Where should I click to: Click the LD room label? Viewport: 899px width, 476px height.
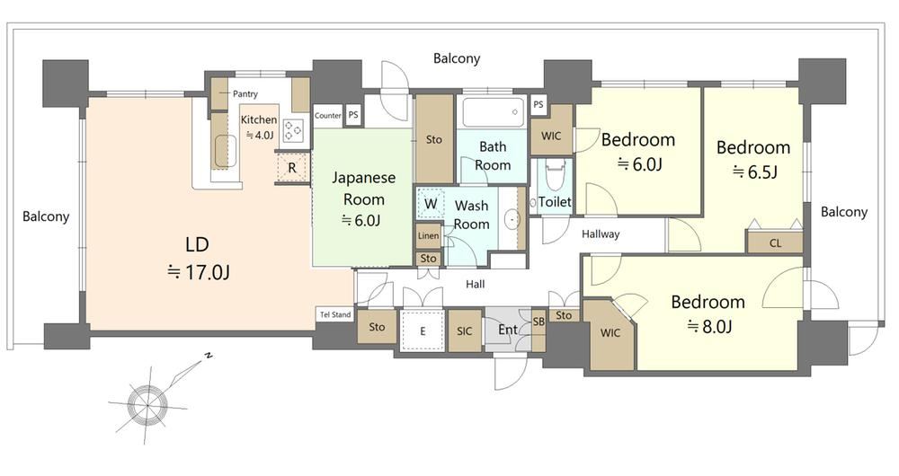pos(197,244)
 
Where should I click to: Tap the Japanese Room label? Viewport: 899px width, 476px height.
pos(363,189)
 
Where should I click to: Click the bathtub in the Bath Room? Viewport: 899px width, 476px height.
pos(494,112)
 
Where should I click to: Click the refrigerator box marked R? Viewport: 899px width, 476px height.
pos(292,168)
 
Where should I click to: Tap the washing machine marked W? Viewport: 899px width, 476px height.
pos(431,204)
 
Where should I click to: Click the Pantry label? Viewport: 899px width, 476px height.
pos(245,94)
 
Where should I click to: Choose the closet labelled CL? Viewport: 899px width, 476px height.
pos(775,242)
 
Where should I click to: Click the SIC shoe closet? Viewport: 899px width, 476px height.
pos(465,331)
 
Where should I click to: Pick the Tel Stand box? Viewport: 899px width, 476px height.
pos(335,314)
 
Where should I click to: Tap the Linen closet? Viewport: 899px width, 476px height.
pos(428,235)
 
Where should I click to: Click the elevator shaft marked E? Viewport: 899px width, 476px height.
pos(423,331)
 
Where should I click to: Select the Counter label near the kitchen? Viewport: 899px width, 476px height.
pos(328,115)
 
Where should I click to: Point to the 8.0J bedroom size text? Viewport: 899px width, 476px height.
pos(709,327)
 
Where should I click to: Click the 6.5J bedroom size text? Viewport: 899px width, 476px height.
pos(754,172)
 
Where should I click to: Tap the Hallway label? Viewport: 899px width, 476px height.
pos(601,234)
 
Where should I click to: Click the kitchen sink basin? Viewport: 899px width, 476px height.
pos(226,152)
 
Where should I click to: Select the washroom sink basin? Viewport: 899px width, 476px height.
pos(512,219)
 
